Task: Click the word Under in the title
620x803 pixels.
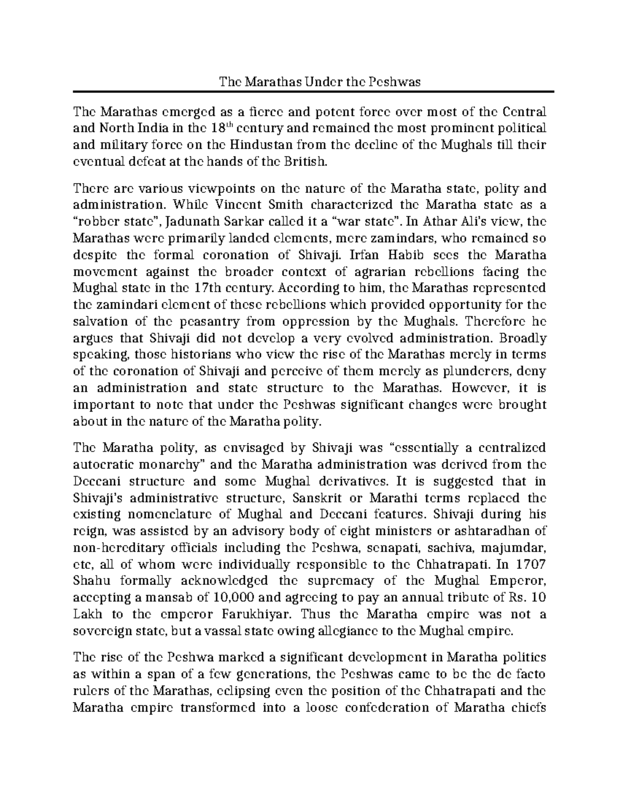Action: click(x=321, y=81)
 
